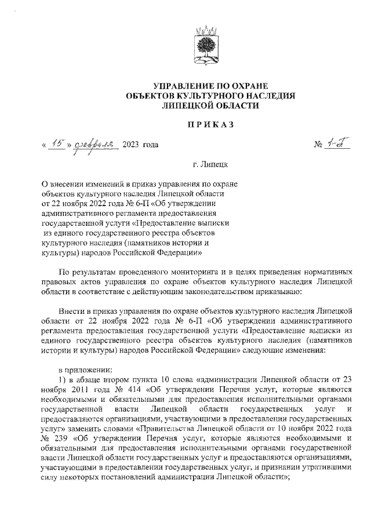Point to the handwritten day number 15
(56, 143)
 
